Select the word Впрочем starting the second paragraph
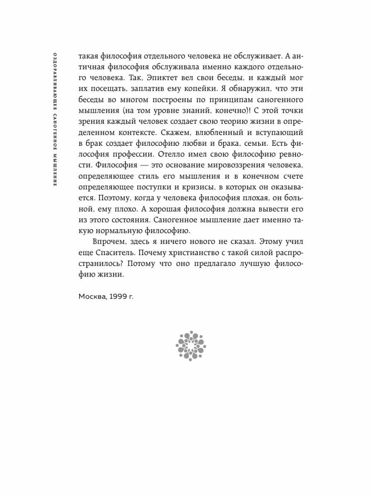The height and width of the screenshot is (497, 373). (x=107, y=241)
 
